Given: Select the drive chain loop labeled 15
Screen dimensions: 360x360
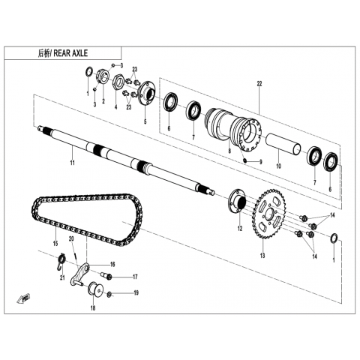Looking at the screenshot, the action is [x=87, y=219].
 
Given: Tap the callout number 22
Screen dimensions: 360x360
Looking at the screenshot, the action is [x=259, y=84].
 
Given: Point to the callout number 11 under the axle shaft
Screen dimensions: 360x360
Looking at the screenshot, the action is [x=72, y=163].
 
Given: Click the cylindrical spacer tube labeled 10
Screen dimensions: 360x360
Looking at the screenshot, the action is [x=283, y=143].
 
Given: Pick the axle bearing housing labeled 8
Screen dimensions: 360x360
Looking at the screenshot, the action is [x=233, y=130].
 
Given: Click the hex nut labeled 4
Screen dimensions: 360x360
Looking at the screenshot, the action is [x=118, y=81].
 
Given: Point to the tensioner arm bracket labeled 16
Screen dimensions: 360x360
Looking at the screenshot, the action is [x=79, y=274].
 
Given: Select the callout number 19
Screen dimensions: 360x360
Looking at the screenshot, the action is [x=136, y=292].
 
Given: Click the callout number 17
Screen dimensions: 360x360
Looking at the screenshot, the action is [x=135, y=277].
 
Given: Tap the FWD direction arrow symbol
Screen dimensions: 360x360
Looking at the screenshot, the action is [x=24, y=298].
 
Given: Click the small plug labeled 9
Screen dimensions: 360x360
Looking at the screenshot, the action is [x=246, y=160].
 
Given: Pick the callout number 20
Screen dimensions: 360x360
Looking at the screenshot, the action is [x=71, y=238].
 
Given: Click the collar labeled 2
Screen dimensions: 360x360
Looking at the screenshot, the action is [x=103, y=75].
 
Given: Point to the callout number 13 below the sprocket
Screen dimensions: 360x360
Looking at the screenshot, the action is [x=262, y=256].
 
